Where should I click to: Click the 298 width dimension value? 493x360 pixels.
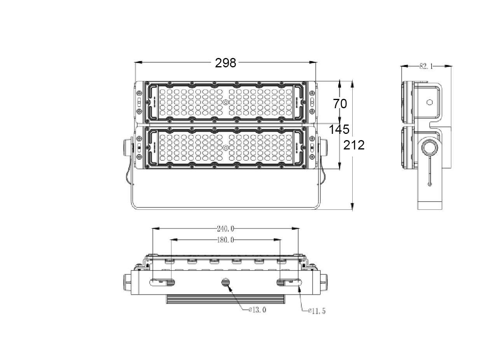pos(226,63)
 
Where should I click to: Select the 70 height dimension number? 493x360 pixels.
pos(340,104)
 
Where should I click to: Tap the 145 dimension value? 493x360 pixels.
pos(339,129)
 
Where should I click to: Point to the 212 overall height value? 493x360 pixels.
pos(354,145)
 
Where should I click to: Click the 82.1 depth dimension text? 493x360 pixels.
pos(426,66)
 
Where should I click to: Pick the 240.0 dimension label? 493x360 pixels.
pos(226,229)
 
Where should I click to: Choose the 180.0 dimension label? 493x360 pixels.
pos(226,240)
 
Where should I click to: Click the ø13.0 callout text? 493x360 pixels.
pos(257,310)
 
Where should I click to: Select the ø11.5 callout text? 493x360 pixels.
pos(317,311)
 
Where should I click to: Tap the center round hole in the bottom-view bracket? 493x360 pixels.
pos(226,282)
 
